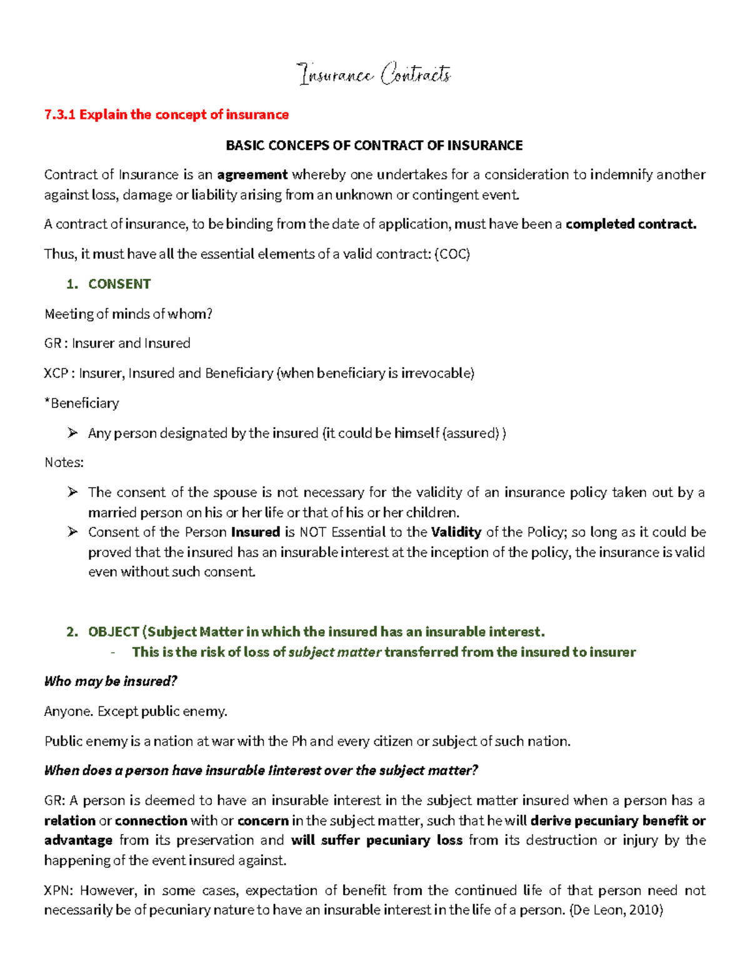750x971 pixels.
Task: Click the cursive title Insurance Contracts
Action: point(374,75)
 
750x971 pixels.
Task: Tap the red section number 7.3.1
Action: point(59,114)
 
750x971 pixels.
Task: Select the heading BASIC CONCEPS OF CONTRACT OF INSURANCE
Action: point(374,145)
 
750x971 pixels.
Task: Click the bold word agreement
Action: point(252,174)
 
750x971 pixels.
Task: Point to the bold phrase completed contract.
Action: point(631,224)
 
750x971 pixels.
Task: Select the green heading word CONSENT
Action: point(119,284)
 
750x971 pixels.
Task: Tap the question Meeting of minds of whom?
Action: point(128,314)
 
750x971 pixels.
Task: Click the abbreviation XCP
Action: point(56,373)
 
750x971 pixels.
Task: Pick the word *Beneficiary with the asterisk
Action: point(81,403)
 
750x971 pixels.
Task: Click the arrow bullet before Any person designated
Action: point(73,433)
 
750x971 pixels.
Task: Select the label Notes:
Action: point(64,463)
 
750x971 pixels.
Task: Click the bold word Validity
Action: point(456,532)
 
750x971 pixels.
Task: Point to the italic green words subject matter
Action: point(334,652)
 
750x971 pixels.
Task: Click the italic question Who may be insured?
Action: point(111,681)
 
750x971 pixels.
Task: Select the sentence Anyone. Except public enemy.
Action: point(136,711)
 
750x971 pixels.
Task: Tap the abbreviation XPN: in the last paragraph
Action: point(58,890)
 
